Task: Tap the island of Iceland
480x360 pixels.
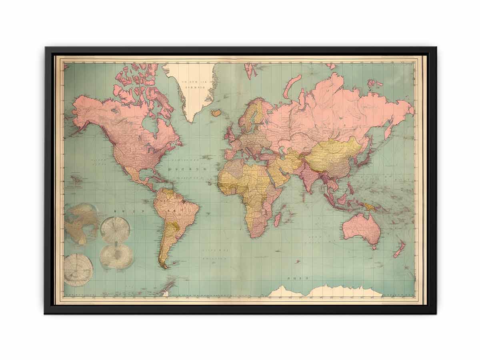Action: pos(216,113)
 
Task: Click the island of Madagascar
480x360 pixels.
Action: pos(277,219)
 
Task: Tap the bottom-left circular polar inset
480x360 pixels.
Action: pos(78,270)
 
